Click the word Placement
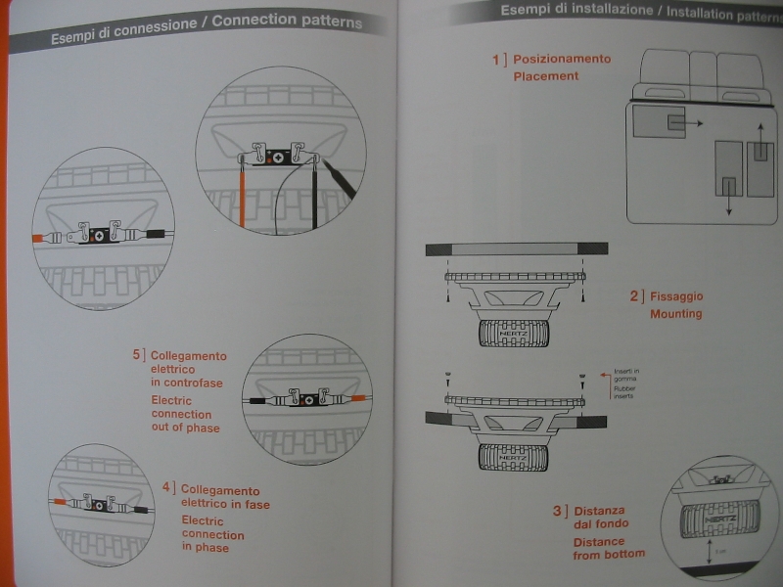tap(546, 76)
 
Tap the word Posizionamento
tap(562, 59)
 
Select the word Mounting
tap(676, 314)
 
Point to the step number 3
tap(558, 511)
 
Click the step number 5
tap(137, 355)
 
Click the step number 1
tap(496, 59)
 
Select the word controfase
tap(186, 384)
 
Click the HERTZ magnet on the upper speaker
tap(512, 334)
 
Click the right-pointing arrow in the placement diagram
tap(693, 124)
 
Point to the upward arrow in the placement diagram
tap(760, 132)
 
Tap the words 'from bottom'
tap(609, 555)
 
